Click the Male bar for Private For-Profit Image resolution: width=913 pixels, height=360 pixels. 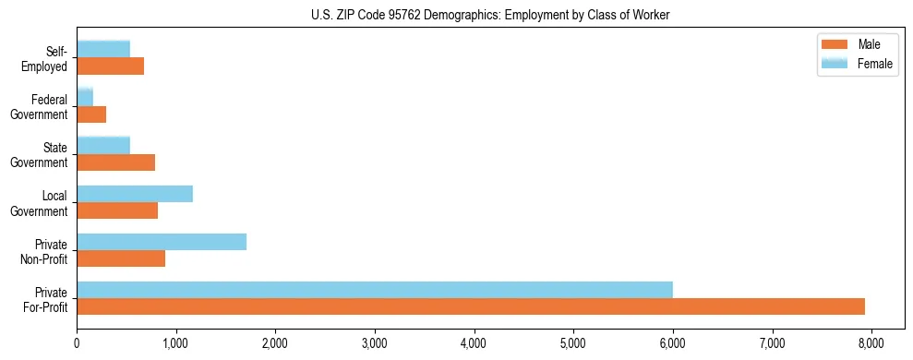(471, 306)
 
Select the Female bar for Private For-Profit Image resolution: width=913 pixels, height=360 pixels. (375, 290)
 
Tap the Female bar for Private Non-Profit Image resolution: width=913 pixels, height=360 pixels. (162, 242)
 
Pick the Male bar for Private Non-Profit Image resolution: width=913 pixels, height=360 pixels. (121, 258)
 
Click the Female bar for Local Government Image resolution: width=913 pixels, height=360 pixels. (135, 194)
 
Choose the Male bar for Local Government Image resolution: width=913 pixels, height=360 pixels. (117, 210)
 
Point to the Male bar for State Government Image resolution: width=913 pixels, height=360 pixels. (115, 162)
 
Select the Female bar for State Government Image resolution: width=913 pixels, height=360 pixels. (103, 146)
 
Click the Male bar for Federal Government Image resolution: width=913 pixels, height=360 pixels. (91, 114)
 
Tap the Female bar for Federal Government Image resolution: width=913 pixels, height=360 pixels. (85, 98)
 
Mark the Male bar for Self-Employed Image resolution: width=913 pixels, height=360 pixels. (110, 66)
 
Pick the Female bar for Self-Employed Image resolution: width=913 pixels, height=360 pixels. (103, 50)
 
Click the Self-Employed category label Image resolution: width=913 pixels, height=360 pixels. (49, 59)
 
